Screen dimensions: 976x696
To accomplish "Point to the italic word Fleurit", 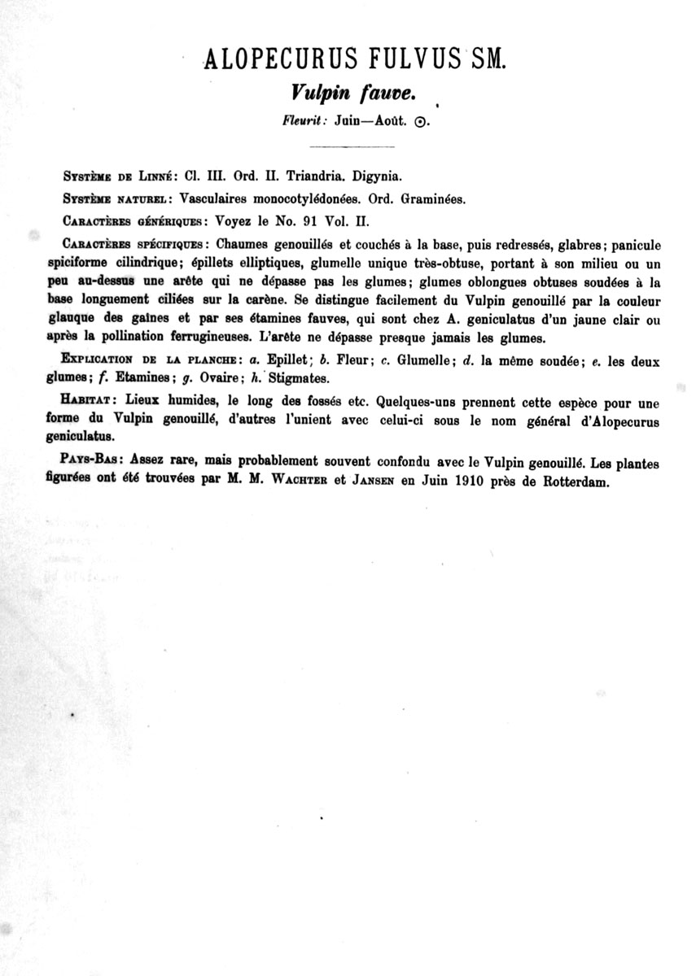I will click(304, 122).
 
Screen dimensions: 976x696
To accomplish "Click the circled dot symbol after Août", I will click(420, 123).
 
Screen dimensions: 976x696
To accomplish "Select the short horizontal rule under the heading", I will click(352, 146).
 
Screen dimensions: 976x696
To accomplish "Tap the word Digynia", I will click(376, 175).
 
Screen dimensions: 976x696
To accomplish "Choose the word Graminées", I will click(434, 198).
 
